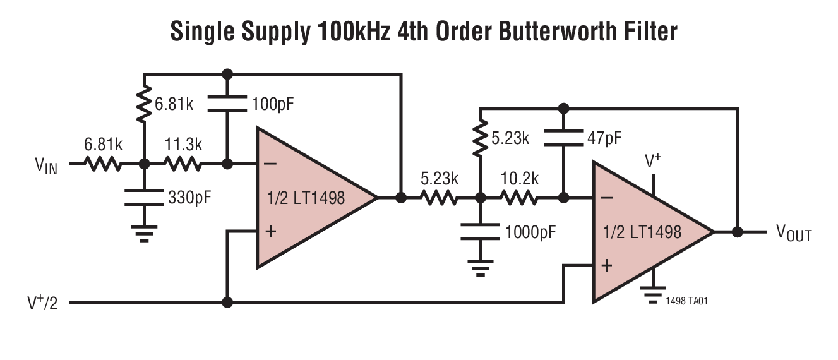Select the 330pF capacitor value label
189,197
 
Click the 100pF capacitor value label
273,104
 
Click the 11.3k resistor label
184,144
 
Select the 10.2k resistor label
520,179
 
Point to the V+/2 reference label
44,303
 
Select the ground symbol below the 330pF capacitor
145,235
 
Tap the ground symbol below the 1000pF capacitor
481,270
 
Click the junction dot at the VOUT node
737,232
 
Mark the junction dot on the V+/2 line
228,303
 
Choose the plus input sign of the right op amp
606,265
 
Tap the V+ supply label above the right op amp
653,162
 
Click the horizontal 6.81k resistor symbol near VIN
102,164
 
